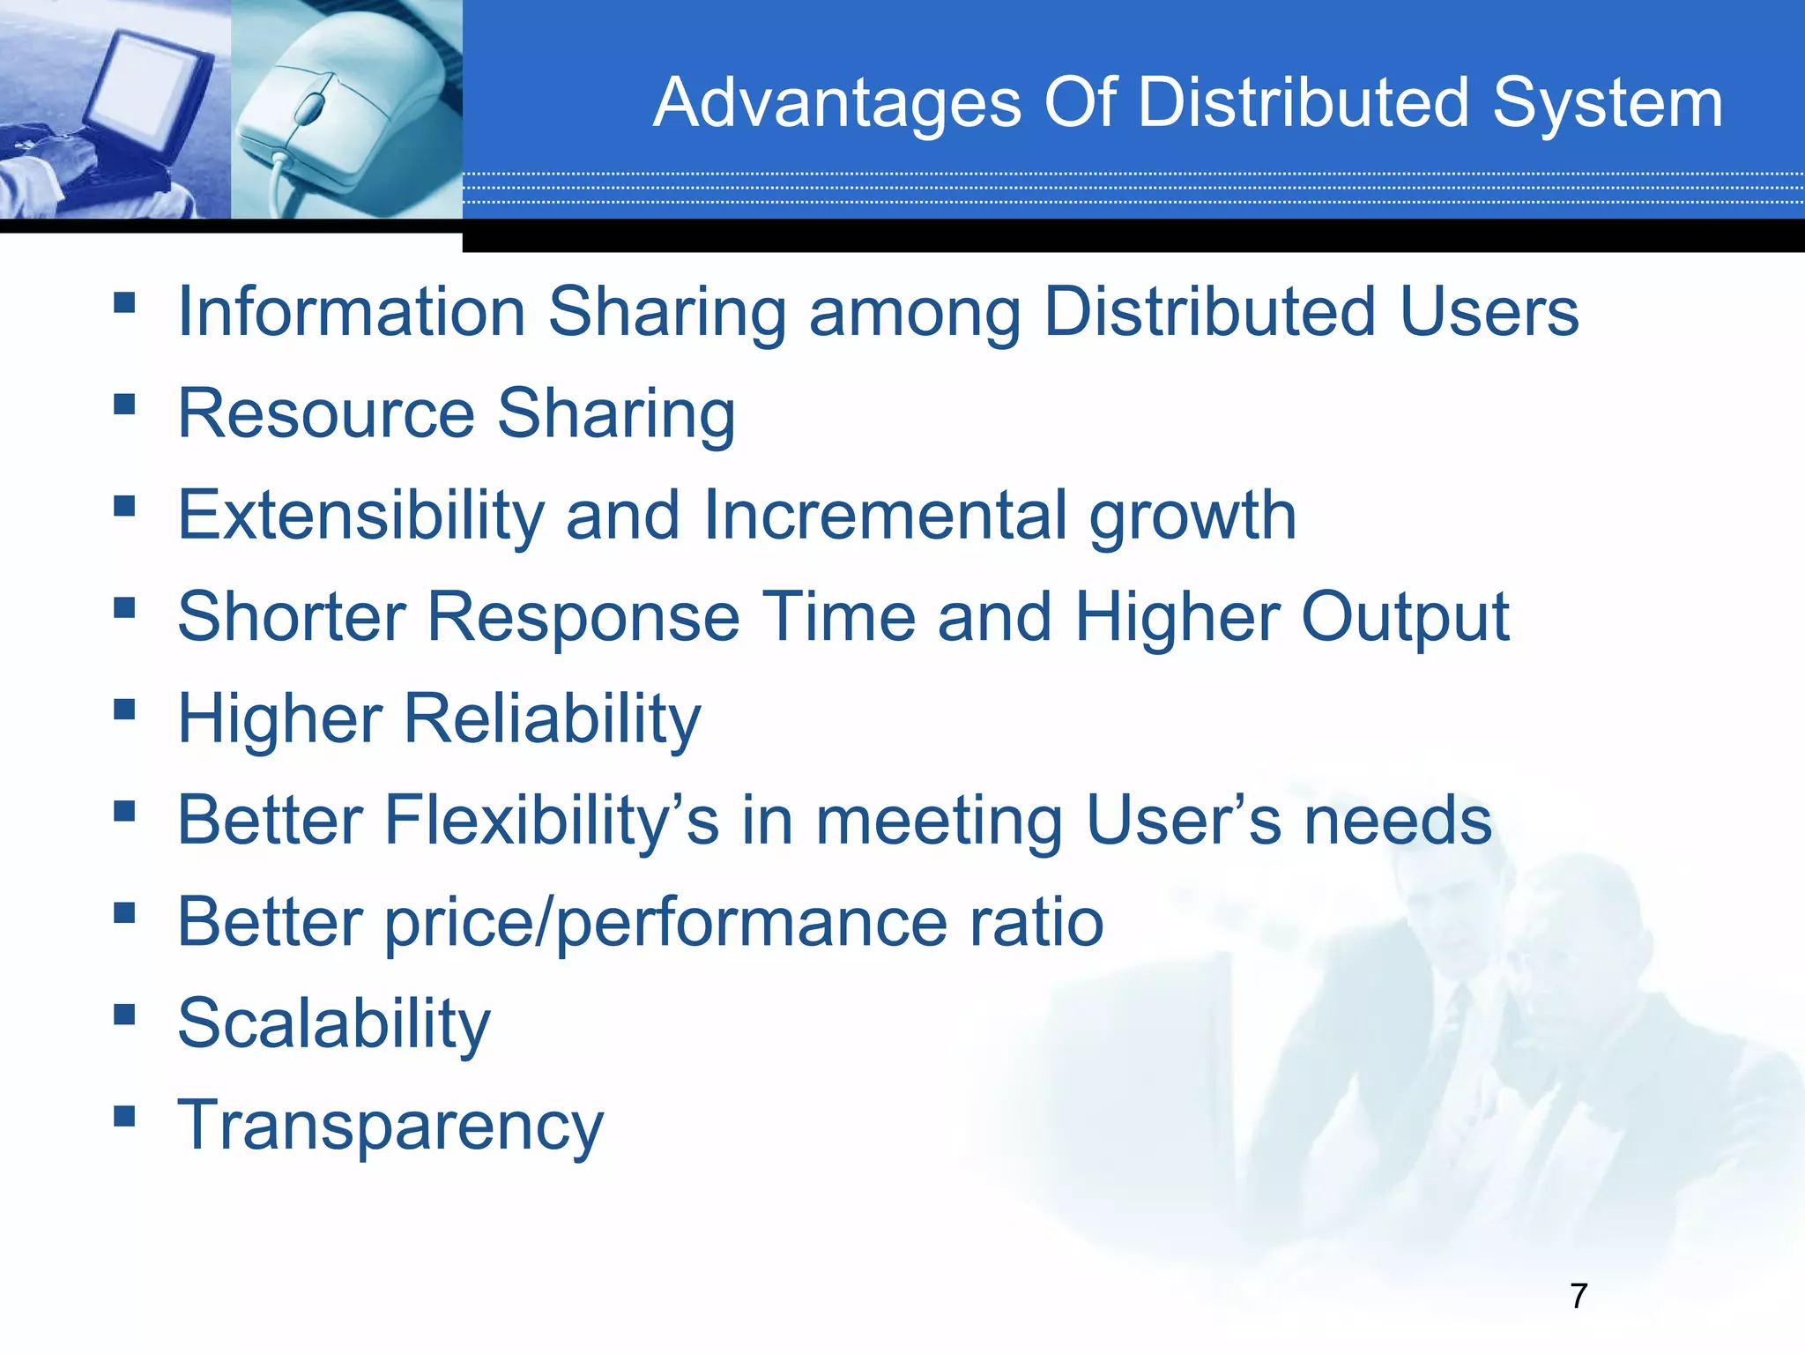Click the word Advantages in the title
click(x=836, y=104)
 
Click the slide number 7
click(x=1578, y=1296)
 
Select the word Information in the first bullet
click(x=352, y=312)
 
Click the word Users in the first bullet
click(x=1489, y=312)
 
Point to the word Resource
click(x=326, y=413)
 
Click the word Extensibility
click(x=360, y=516)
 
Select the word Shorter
click(x=291, y=617)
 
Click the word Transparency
click(x=390, y=1127)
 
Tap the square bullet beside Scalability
click(x=124, y=1015)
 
